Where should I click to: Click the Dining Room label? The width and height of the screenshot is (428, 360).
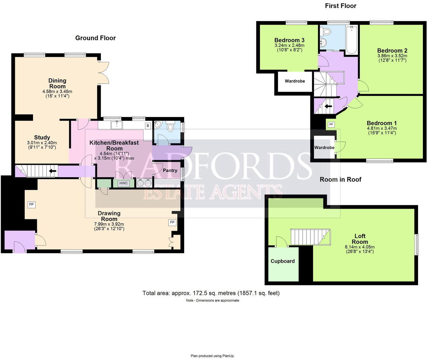point(57,83)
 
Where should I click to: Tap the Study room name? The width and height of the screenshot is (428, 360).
point(42,138)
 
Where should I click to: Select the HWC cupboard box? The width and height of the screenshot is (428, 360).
point(123,183)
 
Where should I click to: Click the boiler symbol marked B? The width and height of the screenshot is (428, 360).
point(148,126)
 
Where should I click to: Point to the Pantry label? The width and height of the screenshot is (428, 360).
point(170,170)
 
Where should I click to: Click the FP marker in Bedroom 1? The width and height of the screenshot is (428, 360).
point(331,124)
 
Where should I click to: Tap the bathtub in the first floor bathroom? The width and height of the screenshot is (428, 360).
point(351,40)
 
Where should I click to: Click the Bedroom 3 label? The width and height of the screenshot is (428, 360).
point(289,40)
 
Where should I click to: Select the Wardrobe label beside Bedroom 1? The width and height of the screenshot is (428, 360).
point(324,147)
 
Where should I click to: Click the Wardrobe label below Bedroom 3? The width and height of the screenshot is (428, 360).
point(295,81)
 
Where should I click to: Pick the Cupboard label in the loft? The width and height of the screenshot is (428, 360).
point(283,261)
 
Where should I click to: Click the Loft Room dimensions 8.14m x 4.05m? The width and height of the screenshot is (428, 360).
point(359,247)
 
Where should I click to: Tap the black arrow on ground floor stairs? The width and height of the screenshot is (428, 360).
point(53,171)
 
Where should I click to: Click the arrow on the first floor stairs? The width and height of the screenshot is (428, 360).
point(328,106)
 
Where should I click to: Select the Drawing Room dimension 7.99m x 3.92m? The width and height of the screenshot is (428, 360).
point(109,224)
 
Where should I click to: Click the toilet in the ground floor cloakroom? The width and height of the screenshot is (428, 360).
point(170,128)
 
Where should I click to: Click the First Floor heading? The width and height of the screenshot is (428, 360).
point(341,6)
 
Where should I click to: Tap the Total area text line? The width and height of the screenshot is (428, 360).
point(211,293)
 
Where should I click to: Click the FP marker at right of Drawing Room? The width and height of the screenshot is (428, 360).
point(172,222)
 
